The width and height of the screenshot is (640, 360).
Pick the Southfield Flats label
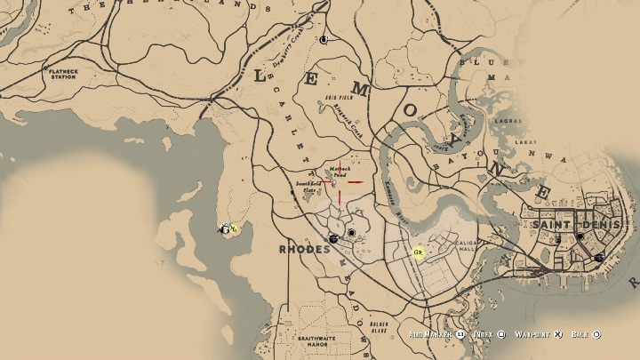coord(308,187)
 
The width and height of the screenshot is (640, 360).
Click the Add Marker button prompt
coord(436,335)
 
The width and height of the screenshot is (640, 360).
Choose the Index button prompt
coord(489,335)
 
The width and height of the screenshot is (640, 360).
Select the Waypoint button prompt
coord(539,335)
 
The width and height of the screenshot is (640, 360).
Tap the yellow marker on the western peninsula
coord(229,229)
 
